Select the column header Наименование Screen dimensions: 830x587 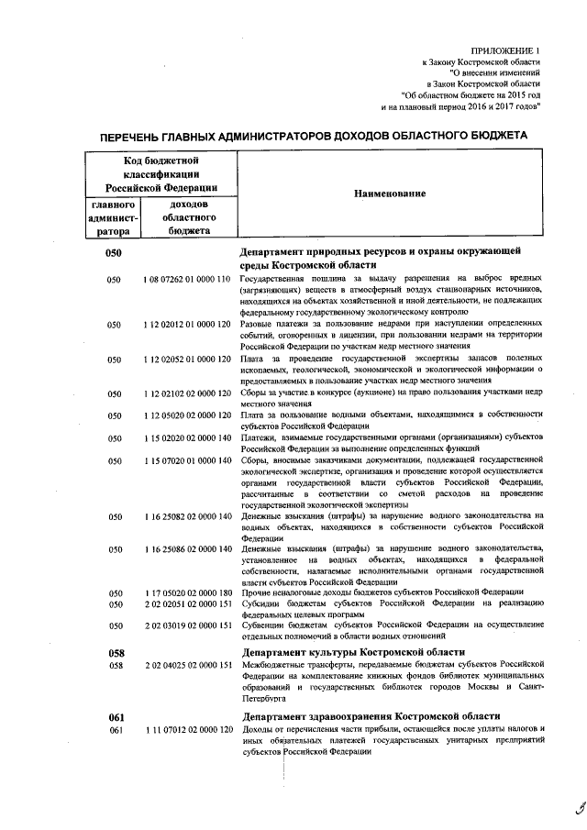[384, 194]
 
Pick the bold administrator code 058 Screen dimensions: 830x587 [116, 651]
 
